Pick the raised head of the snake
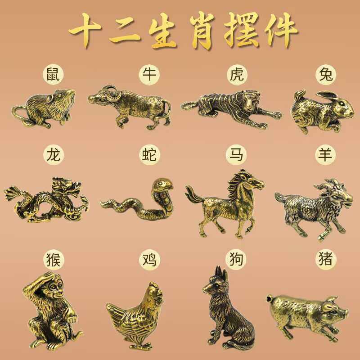click(x=161, y=185)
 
